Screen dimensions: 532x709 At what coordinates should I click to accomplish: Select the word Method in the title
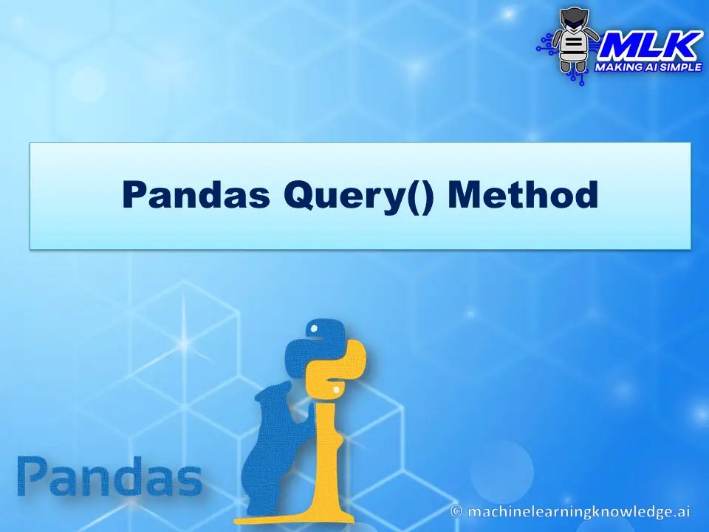pos(522,195)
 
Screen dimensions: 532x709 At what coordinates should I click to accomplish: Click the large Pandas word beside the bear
pos(109,477)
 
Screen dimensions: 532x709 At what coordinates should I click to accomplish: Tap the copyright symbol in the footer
pos(458,511)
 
